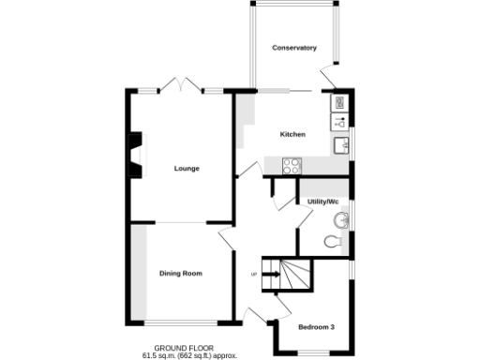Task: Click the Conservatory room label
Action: pyautogui.click(x=293, y=48)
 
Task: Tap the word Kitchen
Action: pyautogui.click(x=292, y=135)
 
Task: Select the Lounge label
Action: pyautogui.click(x=186, y=169)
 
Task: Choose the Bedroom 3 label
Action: pyautogui.click(x=316, y=327)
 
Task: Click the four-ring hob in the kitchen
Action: pyautogui.click(x=292, y=166)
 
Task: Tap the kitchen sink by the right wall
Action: pyautogui.click(x=341, y=145)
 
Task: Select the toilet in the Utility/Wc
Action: pyautogui.click(x=333, y=243)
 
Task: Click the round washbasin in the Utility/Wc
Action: pyautogui.click(x=341, y=221)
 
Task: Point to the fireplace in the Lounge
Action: pyautogui.click(x=136, y=155)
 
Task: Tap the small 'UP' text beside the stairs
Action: pyautogui.click(x=253, y=274)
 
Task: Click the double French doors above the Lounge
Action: pyautogui.click(x=179, y=86)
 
